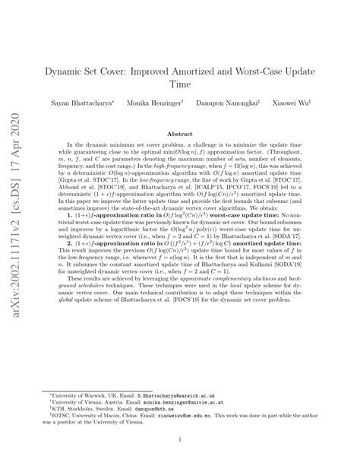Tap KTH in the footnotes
tap(68, 411)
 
